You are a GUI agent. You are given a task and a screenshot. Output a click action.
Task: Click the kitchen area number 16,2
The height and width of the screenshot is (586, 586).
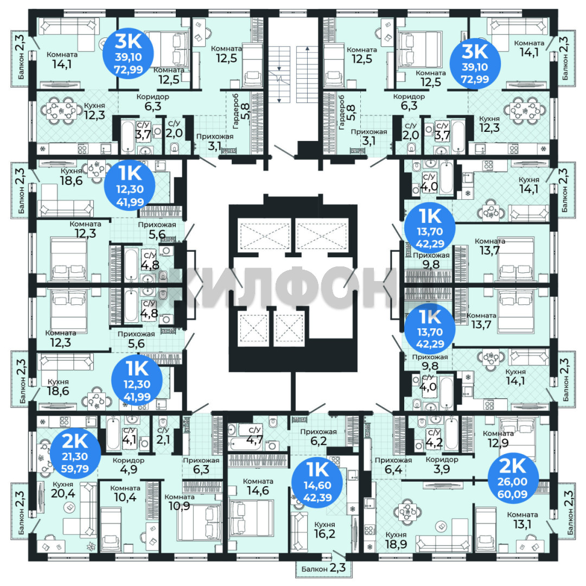tap(324, 534)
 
